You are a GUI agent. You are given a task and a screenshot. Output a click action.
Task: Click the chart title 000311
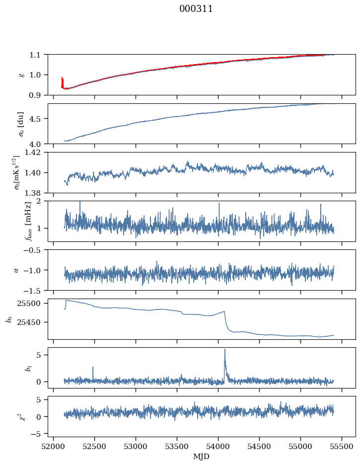click(x=196, y=9)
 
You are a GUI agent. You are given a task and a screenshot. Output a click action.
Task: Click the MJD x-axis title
click(x=201, y=456)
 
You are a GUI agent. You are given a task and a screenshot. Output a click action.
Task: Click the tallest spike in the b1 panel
click(x=225, y=350)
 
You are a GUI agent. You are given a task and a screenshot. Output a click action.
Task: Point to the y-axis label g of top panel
click(x=21, y=75)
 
